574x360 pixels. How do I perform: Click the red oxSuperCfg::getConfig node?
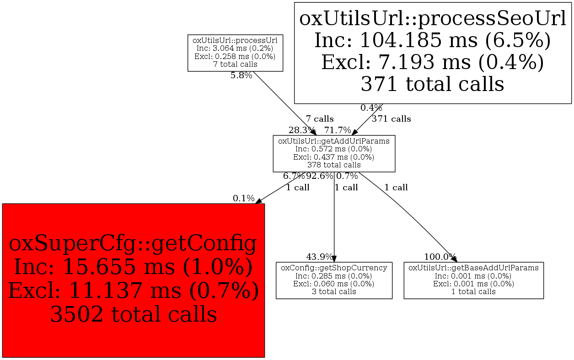133,280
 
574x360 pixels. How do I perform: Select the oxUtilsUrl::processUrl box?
235,53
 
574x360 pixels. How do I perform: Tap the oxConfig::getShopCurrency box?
334,280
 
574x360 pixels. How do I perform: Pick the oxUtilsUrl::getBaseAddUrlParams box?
473,280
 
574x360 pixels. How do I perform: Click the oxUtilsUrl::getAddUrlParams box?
334,154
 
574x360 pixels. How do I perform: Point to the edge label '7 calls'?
320,119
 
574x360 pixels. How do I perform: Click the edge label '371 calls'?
392,119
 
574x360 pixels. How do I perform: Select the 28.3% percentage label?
301,130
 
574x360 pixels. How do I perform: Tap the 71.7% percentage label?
338,130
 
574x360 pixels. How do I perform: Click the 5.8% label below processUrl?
241,75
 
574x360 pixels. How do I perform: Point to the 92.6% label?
320,176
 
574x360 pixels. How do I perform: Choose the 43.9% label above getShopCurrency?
319,257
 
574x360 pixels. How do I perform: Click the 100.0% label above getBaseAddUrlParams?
440,257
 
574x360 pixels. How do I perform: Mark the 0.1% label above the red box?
243,199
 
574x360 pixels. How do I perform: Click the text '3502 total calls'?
134,314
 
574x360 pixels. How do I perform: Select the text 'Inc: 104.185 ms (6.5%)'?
433,41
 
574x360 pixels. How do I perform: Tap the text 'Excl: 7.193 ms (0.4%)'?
433,62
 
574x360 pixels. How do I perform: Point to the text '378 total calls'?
334,165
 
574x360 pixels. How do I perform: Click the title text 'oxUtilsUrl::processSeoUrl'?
433,19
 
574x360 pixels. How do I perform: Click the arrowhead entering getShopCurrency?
334,259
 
